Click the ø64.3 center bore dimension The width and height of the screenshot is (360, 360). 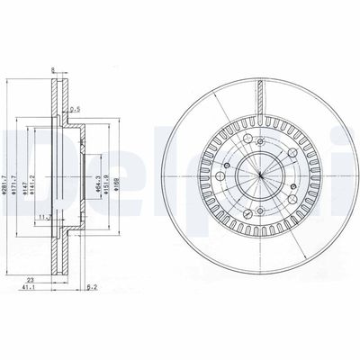(x=97, y=180)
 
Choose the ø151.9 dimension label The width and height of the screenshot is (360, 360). (x=107, y=180)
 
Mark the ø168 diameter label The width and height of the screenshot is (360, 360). (x=117, y=180)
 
